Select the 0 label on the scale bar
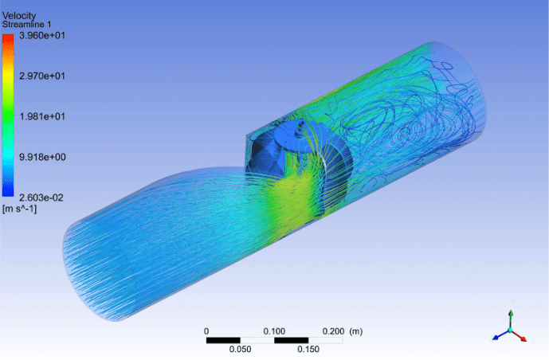click(206, 331)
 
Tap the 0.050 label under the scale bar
click(241, 349)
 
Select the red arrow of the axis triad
click(522, 338)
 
